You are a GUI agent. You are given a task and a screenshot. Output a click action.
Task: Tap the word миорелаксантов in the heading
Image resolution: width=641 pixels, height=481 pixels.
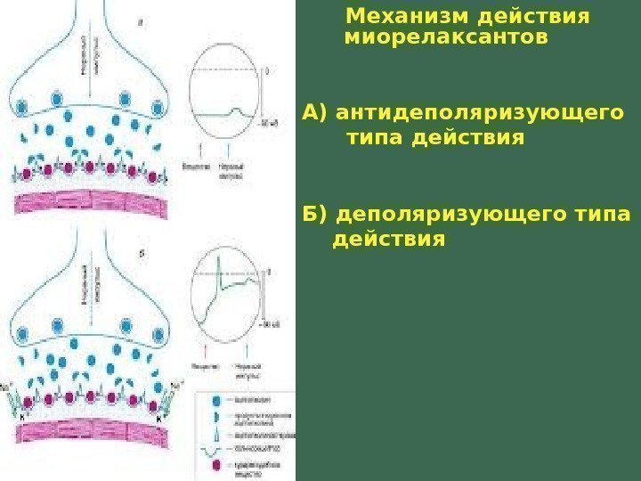(x=445, y=39)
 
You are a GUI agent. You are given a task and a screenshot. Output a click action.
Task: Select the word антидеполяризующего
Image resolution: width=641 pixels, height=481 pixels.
(x=480, y=113)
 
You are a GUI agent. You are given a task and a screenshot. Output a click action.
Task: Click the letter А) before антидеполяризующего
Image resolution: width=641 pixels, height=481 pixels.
(x=315, y=113)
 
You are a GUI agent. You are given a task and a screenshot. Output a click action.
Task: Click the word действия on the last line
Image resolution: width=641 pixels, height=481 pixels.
(x=387, y=240)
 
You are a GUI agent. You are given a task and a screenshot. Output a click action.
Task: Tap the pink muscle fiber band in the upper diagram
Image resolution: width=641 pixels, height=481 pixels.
(x=89, y=203)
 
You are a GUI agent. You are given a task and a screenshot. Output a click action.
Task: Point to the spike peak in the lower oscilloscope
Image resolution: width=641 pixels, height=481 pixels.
(x=219, y=266)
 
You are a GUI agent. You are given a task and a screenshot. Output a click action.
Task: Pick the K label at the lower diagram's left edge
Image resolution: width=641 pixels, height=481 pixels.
(x=12, y=415)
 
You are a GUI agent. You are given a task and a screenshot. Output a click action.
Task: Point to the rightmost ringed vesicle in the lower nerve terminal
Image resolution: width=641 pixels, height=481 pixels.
(x=158, y=335)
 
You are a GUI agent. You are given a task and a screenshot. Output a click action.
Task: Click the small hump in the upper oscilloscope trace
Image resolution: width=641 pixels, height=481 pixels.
(x=235, y=111)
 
